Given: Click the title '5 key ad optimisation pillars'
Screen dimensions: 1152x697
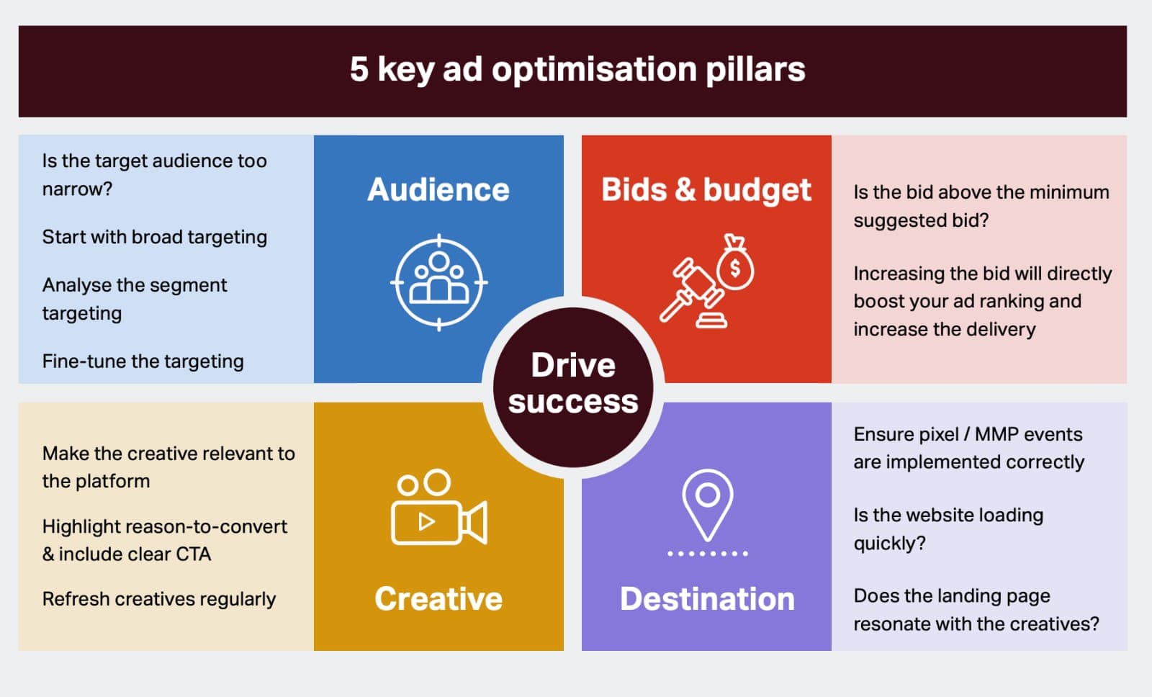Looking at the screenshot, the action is click(577, 69).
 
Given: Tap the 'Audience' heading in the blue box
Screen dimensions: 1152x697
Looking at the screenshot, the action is click(438, 189).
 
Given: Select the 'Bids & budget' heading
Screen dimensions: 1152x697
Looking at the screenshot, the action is click(706, 190).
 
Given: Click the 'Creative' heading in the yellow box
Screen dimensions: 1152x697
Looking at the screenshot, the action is click(438, 599).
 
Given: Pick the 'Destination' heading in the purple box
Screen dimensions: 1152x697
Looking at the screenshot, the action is click(707, 599).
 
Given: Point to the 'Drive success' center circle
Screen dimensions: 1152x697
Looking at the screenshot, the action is click(573, 387).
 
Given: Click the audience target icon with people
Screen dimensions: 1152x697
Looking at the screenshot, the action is click(438, 282).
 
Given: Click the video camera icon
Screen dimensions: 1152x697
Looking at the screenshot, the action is click(438, 507).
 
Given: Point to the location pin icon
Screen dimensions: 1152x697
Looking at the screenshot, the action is click(708, 505).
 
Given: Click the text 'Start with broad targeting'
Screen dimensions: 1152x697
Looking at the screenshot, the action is click(155, 237).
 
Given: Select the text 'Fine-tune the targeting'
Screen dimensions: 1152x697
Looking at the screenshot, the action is click(143, 361).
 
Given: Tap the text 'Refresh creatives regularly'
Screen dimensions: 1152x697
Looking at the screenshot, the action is click(159, 599).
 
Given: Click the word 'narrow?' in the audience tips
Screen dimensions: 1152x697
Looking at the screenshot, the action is click(77, 189).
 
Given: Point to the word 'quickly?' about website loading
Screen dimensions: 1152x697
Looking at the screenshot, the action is click(890, 544).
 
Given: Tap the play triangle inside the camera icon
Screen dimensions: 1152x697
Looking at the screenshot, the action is click(426, 522).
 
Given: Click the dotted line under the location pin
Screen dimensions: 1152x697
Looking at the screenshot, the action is click(708, 554).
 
